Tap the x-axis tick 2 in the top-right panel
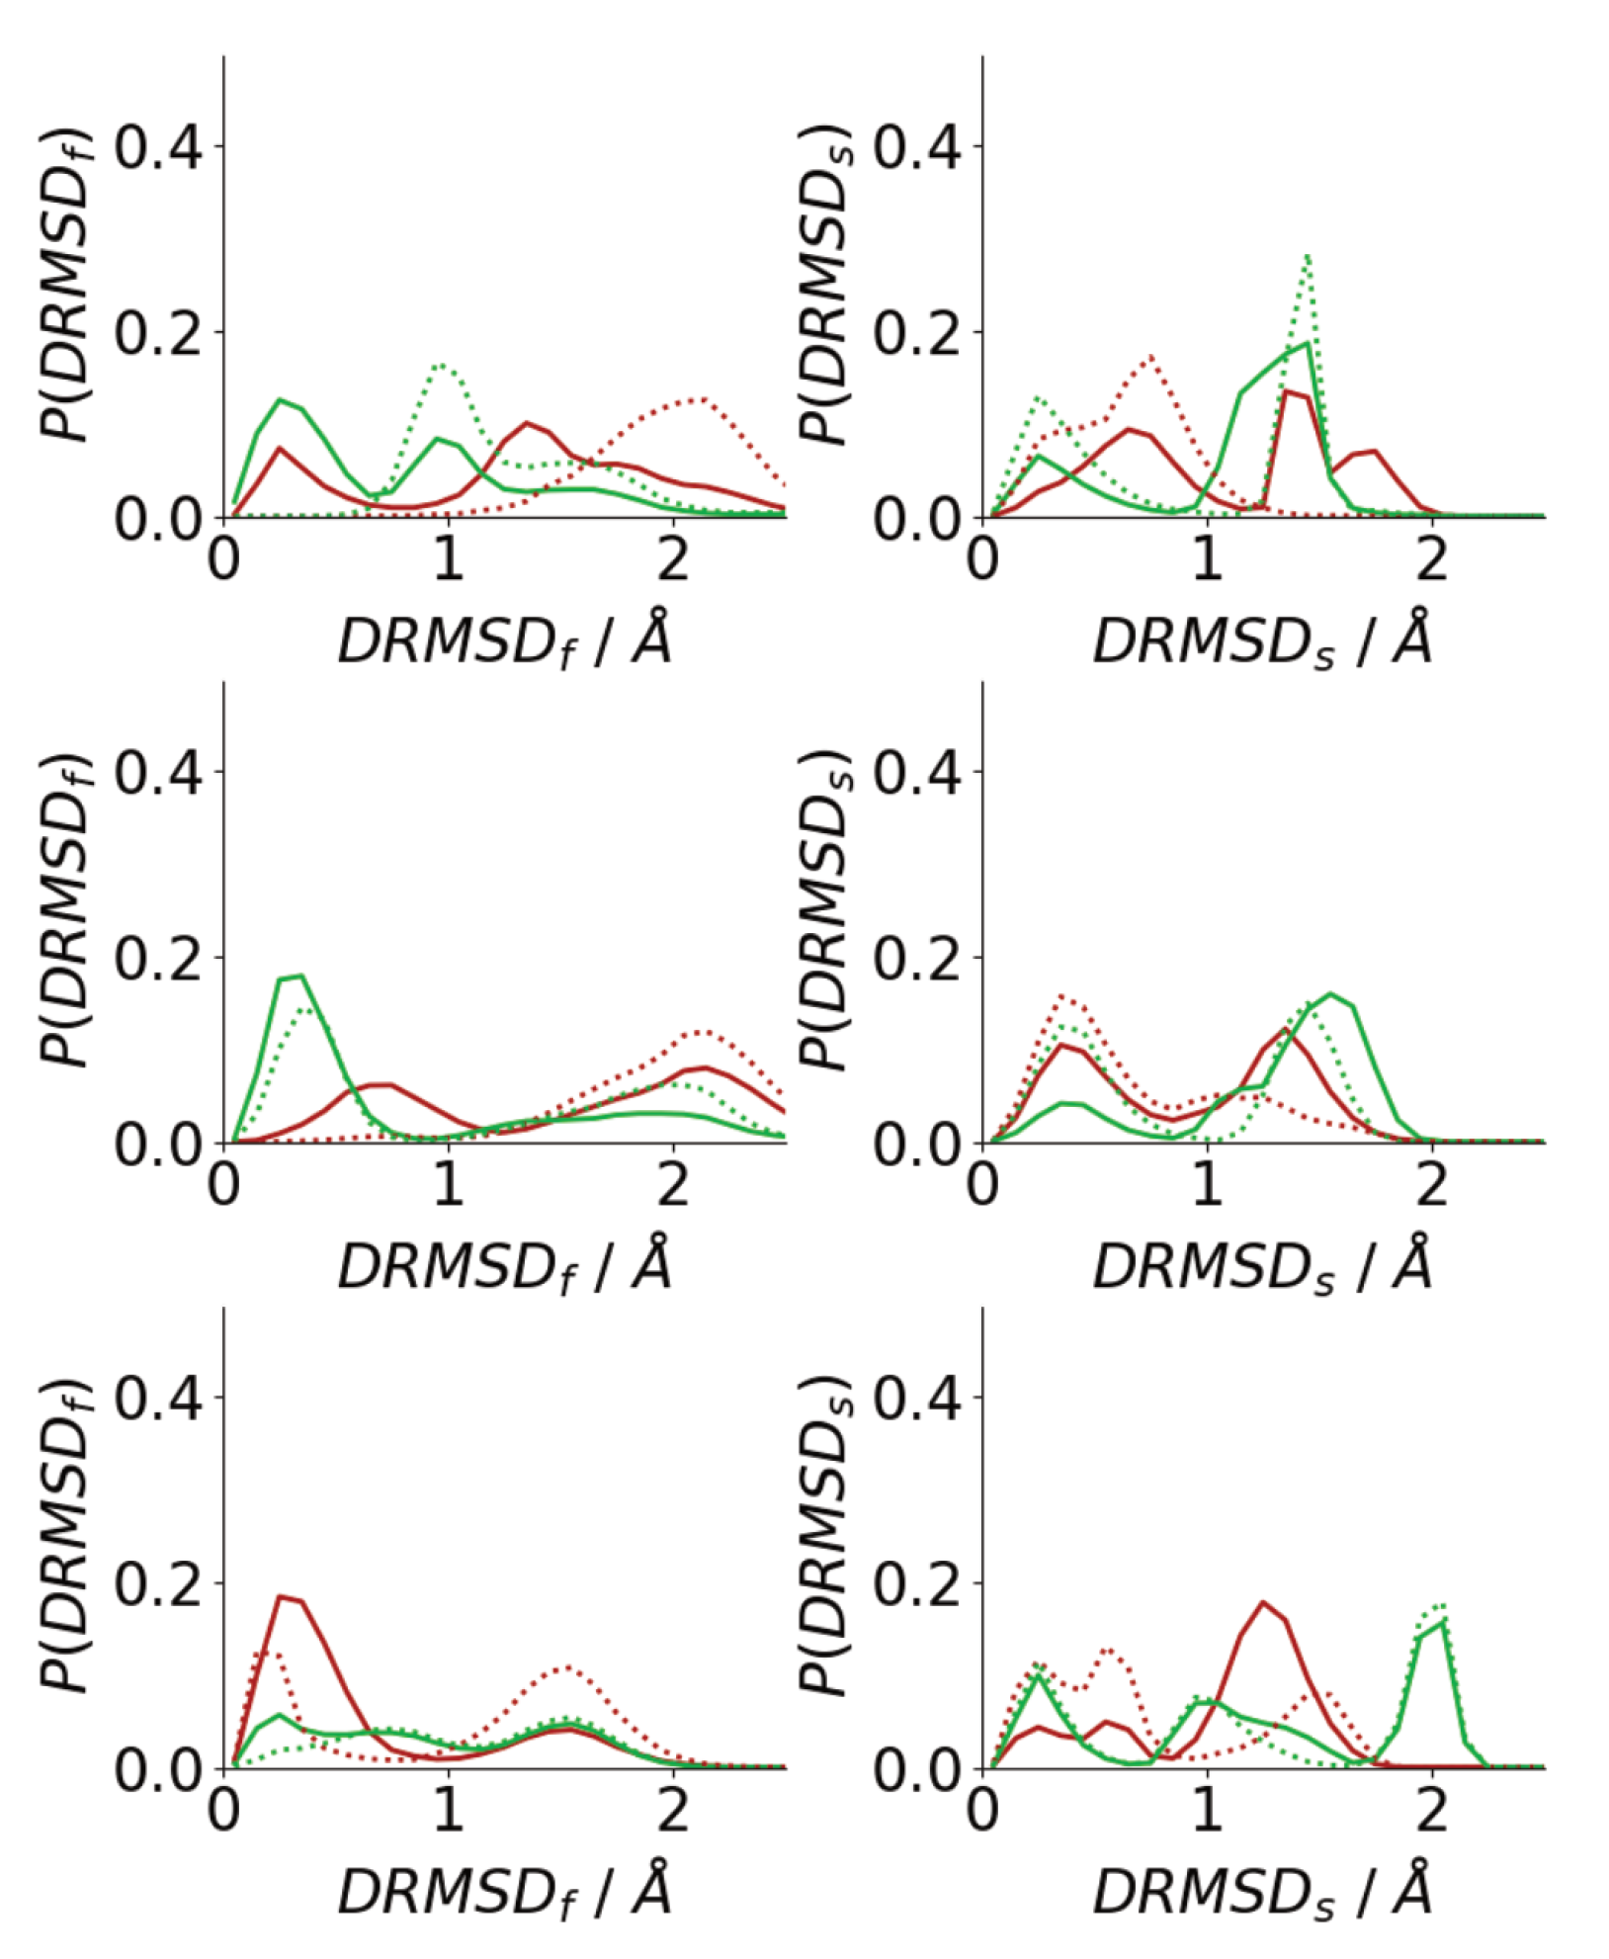coord(1431,560)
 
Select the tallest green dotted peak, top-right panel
coord(1307,256)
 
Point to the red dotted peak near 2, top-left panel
coord(700,398)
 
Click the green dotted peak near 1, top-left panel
coord(443,366)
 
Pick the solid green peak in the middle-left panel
coord(298,976)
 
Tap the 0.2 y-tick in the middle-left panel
coord(158,959)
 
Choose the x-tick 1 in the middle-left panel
coord(448,1185)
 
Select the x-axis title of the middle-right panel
coord(1262,1266)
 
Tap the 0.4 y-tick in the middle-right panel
coord(916,773)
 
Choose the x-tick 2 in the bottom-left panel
coord(673,1811)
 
